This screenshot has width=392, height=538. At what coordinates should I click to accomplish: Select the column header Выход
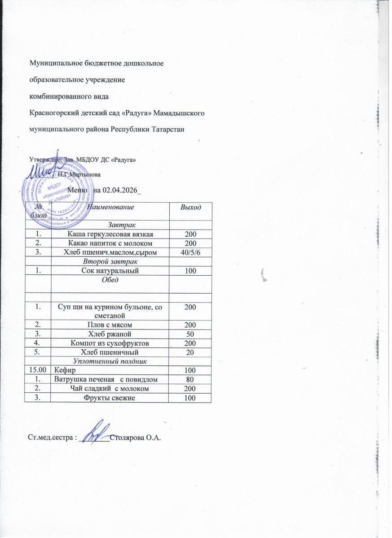pos(190,207)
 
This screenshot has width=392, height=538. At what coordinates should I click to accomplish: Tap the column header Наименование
pos(110,207)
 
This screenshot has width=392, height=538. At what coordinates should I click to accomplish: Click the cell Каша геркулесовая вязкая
pos(110,234)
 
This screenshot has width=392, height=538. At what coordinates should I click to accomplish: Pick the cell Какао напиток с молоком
pos(110,243)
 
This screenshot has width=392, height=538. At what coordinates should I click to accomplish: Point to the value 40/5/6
pos(190,252)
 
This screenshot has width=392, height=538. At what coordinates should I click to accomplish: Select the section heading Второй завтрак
pos(110,261)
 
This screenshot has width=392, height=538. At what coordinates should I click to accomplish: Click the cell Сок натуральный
pos(110,270)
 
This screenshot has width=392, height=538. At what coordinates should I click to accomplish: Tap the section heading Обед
pos(110,280)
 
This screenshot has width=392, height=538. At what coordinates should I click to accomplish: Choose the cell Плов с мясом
pos(110,325)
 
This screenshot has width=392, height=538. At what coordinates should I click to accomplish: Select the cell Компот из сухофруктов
pos(110,343)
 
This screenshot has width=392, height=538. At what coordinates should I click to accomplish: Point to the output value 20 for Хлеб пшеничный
pos(190,352)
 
